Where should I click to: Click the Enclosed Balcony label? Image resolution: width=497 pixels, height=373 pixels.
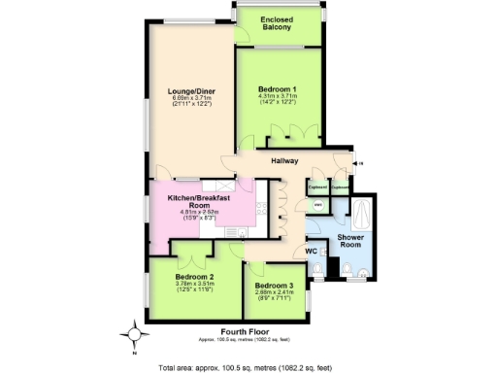click(278, 22)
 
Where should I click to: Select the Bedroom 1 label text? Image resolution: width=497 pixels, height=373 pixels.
click(277, 89)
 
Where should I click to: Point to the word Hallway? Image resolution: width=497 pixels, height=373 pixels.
click(284, 160)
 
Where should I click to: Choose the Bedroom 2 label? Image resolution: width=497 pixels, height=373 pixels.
click(193, 276)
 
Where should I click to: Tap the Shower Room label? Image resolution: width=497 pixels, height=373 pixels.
click(349, 241)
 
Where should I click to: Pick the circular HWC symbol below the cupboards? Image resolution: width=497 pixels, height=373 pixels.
click(317, 204)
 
